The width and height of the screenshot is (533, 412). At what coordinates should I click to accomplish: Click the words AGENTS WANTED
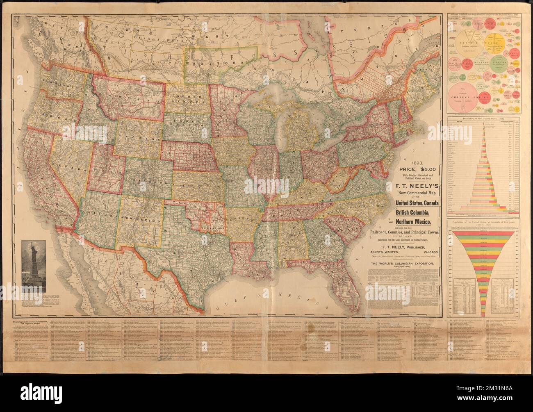[394, 252]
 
